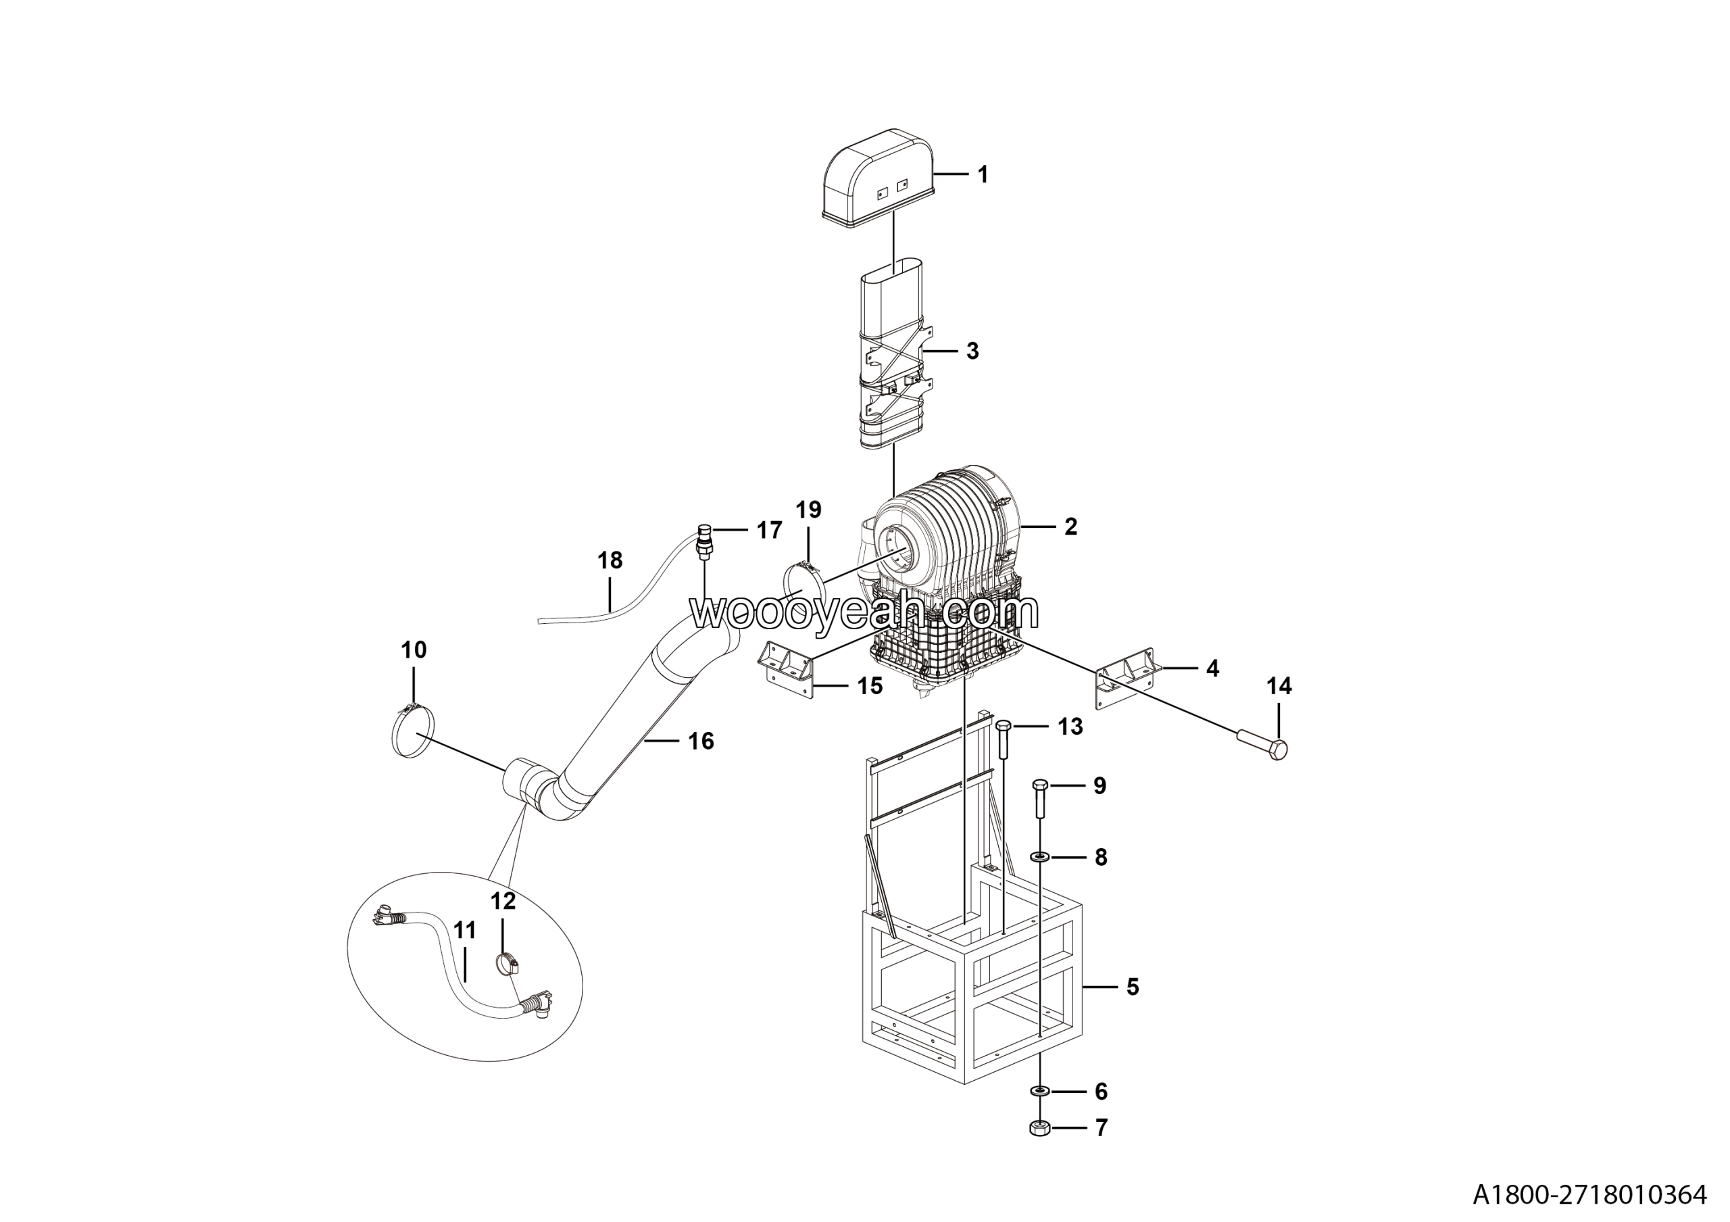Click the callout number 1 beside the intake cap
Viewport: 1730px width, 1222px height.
pos(983,175)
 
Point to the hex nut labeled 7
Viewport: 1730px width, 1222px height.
pos(1040,1128)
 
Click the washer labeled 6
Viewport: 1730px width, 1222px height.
pos(1041,1091)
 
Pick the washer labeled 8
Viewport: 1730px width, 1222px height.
pos(1041,856)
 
